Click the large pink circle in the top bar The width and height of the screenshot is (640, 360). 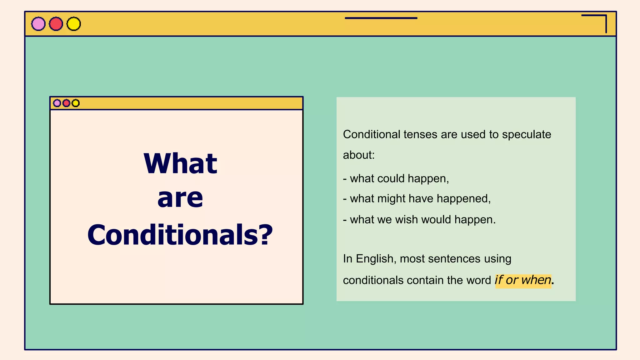coord(38,24)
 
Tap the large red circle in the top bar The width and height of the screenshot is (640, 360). coord(56,24)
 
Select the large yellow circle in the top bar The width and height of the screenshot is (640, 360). coord(74,24)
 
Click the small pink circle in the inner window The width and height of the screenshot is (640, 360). coord(57,103)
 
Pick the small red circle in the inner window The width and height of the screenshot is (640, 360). coord(66,103)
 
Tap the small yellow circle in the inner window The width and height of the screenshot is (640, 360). coord(76,103)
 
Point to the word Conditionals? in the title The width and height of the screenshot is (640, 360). coord(180,235)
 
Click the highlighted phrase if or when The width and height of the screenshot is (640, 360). coord(523,280)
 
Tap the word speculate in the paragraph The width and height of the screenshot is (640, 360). coord(527,135)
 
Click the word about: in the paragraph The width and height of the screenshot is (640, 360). coord(359,155)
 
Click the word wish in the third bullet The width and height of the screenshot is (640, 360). coord(406,219)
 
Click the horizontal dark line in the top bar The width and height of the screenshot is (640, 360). coord(381,18)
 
